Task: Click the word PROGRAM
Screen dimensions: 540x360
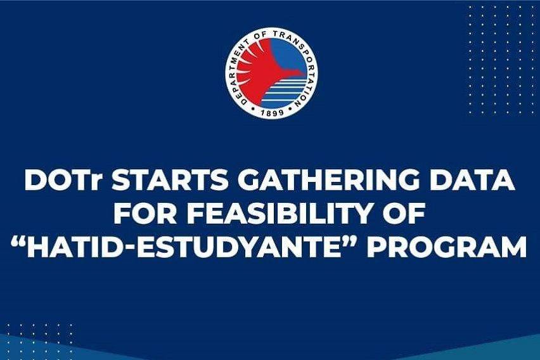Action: click(x=447, y=247)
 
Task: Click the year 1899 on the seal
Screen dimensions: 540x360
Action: click(x=272, y=112)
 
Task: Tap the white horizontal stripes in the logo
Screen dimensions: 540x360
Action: click(x=284, y=91)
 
